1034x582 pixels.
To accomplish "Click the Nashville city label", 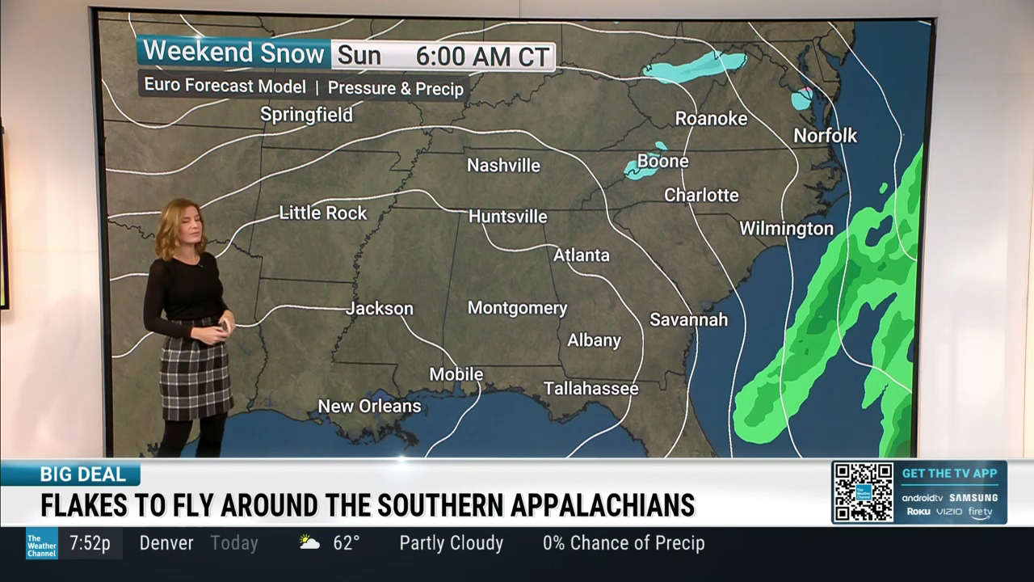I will coord(503,166).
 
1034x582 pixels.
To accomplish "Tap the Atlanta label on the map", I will coord(581,255).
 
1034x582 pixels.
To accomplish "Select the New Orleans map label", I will coord(369,406).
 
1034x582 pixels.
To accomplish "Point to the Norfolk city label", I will coord(825,136).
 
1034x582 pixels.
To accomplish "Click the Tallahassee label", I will coord(591,389).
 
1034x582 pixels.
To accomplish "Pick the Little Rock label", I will coord(323,213).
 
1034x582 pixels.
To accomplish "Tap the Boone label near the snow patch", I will coord(662,162).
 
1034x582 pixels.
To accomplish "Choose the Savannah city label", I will coord(688,319).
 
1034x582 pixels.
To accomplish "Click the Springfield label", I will coord(306,115).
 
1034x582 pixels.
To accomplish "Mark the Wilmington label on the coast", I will coord(786,229).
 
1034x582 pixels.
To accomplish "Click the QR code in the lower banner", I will coord(864,492).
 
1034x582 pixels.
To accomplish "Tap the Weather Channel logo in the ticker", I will coord(41,543).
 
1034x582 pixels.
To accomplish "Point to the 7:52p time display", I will coord(90,543).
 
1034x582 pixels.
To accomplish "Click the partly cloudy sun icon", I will coord(309,542).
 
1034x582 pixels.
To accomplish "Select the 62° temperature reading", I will coord(346,543).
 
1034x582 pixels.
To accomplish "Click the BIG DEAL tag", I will coord(82,474).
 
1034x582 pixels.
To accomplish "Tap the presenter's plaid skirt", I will coord(195,373).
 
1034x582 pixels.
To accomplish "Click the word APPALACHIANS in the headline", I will coord(603,505).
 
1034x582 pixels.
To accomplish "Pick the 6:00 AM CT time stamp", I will coord(482,57).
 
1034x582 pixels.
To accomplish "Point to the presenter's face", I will coord(185,230).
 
